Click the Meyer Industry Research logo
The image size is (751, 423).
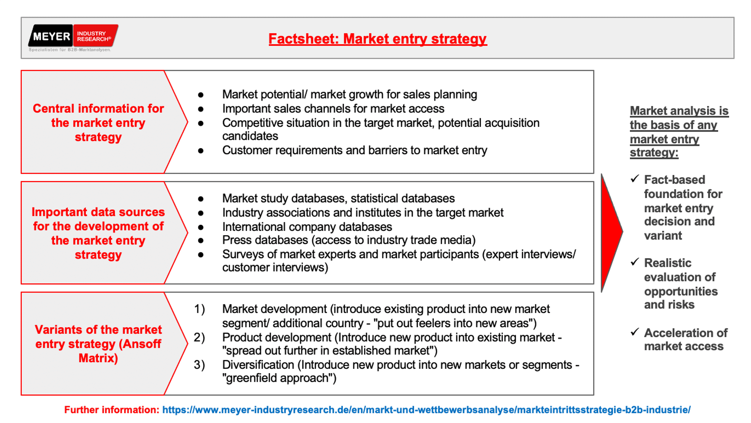73,38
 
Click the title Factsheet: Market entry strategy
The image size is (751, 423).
378,39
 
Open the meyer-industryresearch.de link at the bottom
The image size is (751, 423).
426,410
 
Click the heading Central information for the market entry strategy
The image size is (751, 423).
98,123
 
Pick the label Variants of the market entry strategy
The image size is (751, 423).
98,344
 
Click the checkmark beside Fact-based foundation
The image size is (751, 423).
635,179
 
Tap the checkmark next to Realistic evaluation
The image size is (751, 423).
635,262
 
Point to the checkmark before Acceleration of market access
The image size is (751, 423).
635,332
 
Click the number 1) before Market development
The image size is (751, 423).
199,309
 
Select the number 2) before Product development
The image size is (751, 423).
199,337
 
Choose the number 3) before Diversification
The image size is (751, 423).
199,364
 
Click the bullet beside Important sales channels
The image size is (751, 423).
201,109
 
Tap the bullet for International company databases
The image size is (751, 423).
201,227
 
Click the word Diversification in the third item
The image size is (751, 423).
258,364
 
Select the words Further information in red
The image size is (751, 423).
112,410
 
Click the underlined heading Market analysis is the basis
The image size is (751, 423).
679,132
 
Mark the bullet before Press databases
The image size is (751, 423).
201,240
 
